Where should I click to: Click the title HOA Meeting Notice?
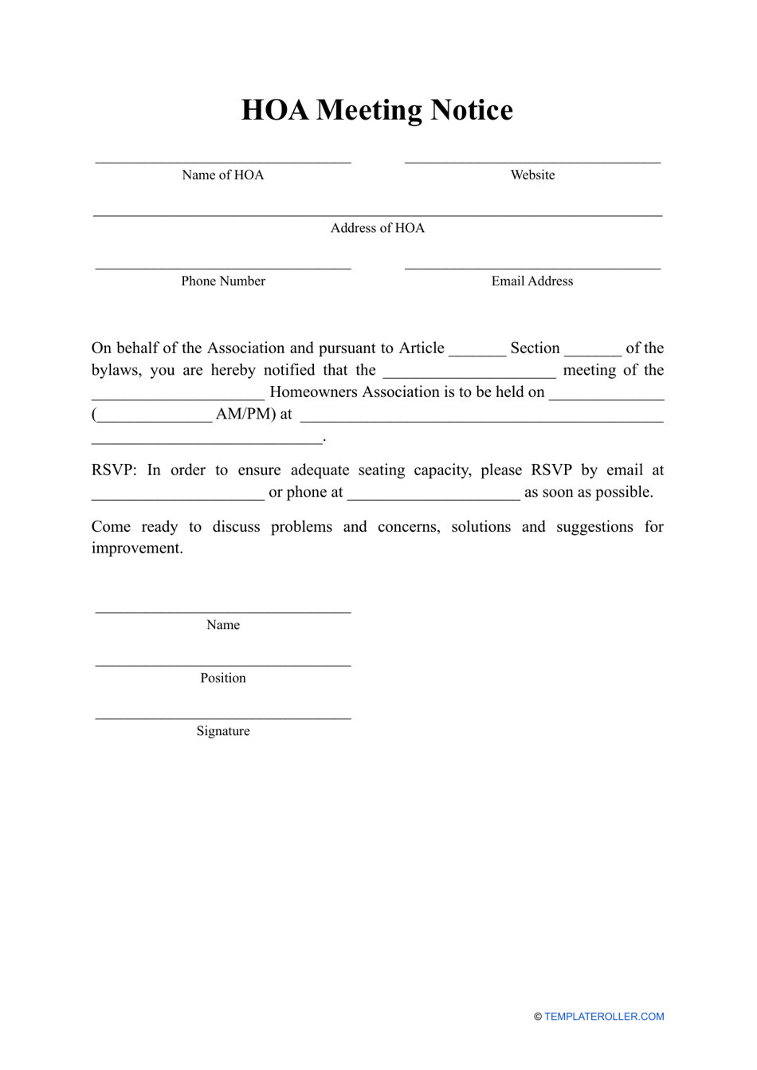pos(377,110)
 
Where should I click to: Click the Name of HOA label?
pos(222,175)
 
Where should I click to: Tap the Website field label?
pos(532,175)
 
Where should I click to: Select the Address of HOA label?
pos(377,228)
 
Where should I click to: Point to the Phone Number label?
pos(223,281)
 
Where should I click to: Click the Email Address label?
pos(531,281)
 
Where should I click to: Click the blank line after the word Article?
pos(477,351)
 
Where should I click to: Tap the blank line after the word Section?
pos(593,351)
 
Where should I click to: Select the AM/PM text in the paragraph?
pos(245,415)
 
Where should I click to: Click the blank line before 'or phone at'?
pos(178,495)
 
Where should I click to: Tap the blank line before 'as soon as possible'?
pos(433,495)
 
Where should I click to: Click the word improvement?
pos(137,549)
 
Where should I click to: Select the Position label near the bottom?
pos(223,679)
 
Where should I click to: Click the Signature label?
pos(223,731)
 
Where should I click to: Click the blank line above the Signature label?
pos(223,717)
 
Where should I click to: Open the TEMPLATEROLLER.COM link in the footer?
pos(604,1017)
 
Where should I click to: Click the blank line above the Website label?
pos(532,161)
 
